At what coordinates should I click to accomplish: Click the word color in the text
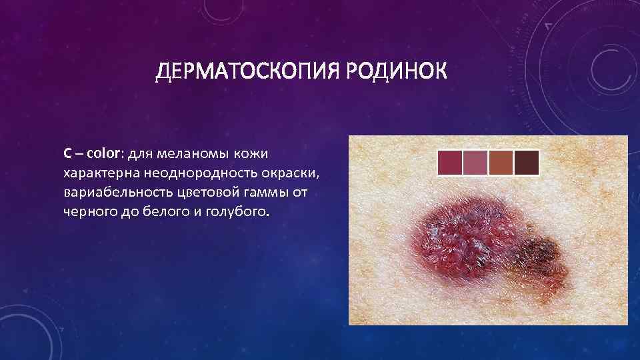click(x=101, y=154)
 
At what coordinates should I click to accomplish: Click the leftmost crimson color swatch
click(x=450, y=163)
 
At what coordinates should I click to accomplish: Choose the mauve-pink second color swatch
click(x=475, y=163)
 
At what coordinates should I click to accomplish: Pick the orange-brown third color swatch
click(x=501, y=163)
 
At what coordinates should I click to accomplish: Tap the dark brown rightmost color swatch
click(x=526, y=163)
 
